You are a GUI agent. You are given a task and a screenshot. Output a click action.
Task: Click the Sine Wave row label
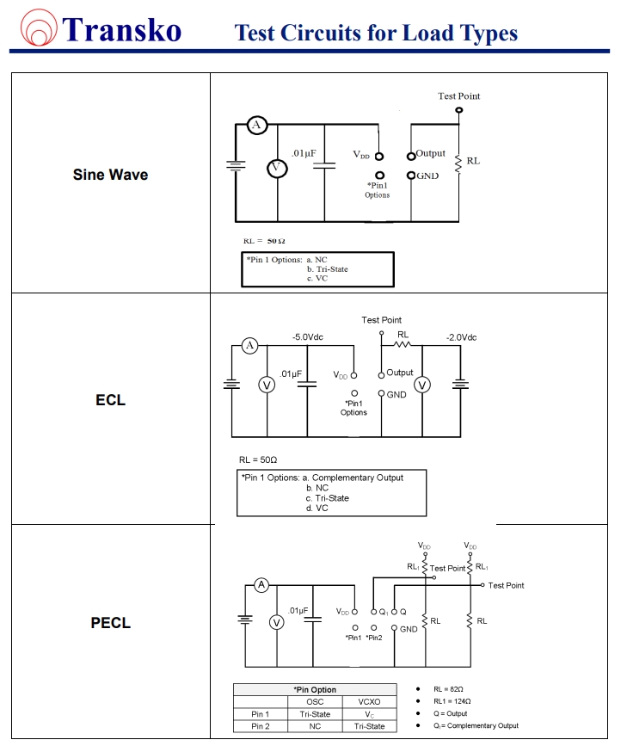point(110,175)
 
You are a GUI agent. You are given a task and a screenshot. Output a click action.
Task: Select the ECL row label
point(110,400)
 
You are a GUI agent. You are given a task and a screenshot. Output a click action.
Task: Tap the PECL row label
point(110,622)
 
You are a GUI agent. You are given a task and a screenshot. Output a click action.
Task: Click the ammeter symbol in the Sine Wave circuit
point(255,126)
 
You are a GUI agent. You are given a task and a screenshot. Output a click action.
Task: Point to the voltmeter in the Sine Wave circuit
point(276,168)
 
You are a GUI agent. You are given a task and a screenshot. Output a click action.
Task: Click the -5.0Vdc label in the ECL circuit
point(308,337)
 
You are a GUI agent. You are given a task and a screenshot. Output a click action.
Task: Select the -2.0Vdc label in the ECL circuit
point(461,337)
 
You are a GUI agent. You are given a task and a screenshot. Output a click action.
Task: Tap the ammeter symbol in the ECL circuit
point(249,346)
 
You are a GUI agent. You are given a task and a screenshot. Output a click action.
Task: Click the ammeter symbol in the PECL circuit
point(261,585)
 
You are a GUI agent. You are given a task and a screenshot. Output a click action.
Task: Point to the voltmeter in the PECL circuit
point(277,622)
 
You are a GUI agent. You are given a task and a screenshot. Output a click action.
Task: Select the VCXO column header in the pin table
point(369,701)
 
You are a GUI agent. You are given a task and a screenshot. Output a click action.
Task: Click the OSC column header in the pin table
point(315,701)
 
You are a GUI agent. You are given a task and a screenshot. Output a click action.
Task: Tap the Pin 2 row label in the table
point(261,726)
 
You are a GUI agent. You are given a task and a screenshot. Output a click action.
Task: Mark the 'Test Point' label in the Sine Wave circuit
point(458,96)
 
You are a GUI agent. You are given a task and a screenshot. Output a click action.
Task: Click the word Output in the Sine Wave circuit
point(431,153)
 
